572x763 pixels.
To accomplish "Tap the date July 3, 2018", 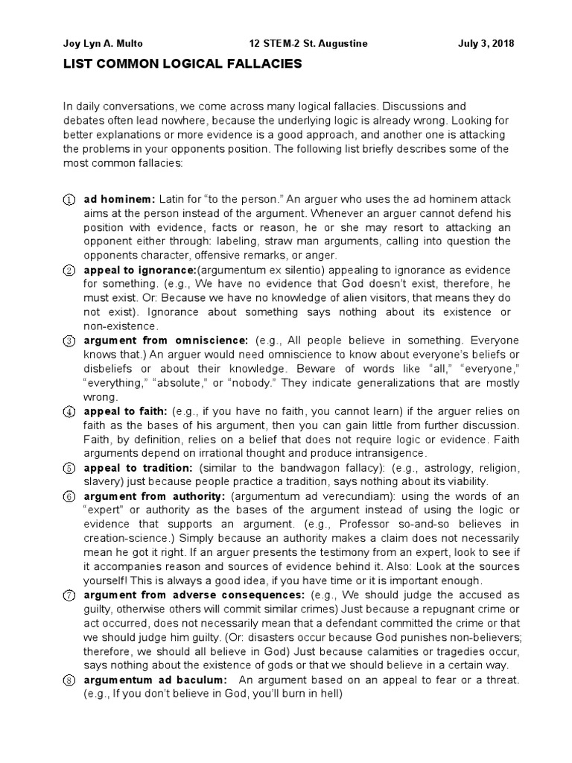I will tap(485, 43).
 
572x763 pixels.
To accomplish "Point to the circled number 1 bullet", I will tap(68, 200).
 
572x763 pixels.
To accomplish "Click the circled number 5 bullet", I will tap(68, 468).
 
